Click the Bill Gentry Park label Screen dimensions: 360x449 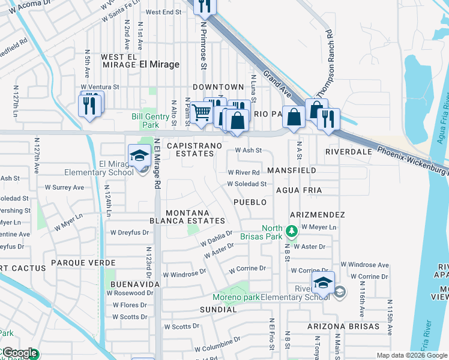point(145,121)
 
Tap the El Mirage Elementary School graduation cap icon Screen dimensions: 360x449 point(139,155)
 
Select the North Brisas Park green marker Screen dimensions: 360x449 point(291,230)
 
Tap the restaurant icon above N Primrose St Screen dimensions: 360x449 point(205,6)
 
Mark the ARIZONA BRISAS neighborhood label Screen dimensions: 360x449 point(343,326)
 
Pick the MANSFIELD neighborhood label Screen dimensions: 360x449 point(292,171)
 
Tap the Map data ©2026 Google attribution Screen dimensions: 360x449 point(411,355)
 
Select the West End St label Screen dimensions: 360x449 point(163,12)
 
